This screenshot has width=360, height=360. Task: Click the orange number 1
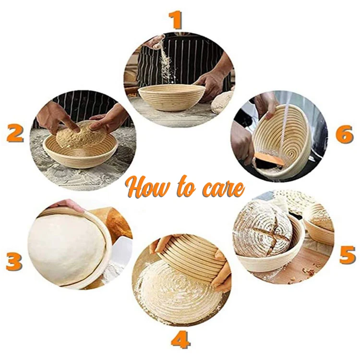[177, 20]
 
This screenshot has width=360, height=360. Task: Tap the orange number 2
[15, 133]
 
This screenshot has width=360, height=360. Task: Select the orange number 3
[14, 262]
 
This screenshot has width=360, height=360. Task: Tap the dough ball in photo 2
[81, 134]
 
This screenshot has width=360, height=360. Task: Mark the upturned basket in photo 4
[192, 257]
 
